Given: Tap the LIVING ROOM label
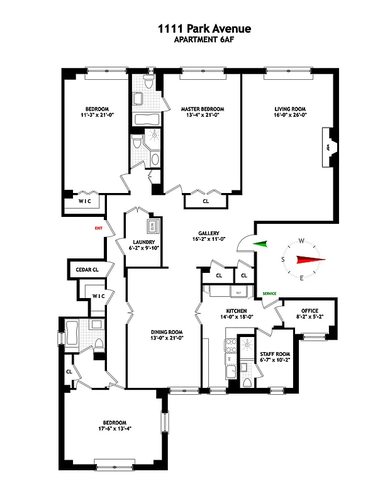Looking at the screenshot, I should pos(289,109).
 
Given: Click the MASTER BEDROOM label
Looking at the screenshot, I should pos(202,109).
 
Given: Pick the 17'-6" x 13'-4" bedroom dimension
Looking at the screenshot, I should pos(114,429).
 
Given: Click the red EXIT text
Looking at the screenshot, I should pos(98,228).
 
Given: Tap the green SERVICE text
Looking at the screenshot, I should pos(269,294).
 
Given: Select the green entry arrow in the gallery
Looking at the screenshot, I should pos(259,245).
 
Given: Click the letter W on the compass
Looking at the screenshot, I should pos(301,241).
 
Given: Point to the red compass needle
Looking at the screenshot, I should pos(311,259).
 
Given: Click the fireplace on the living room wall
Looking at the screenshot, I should pos(328,146).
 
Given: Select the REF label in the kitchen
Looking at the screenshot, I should pos(238,292).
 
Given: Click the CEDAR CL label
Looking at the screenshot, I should pos(87,270).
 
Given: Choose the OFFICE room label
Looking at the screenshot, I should pos(310,311).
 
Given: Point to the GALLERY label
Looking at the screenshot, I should pos(208,233).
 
